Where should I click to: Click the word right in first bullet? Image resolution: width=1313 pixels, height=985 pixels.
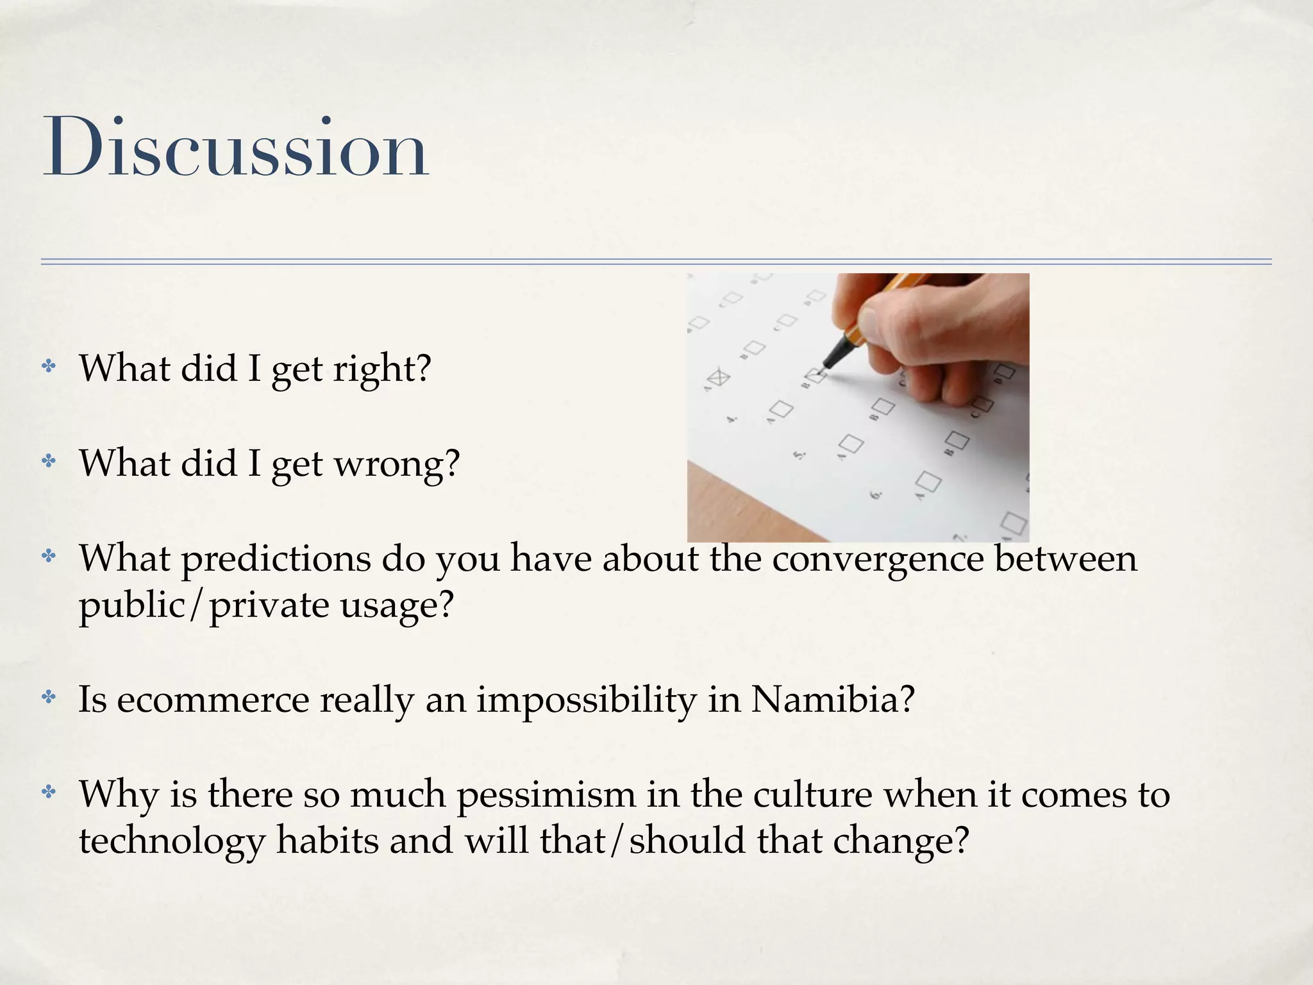[x=382, y=369]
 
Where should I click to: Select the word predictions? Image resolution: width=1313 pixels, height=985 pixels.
[x=276, y=559]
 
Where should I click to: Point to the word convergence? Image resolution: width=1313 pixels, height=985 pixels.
[x=878, y=559]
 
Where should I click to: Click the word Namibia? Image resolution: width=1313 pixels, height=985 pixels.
[x=832, y=699]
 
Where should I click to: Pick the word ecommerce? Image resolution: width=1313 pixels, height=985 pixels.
[x=212, y=699]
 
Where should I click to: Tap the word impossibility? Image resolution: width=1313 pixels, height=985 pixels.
[x=586, y=699]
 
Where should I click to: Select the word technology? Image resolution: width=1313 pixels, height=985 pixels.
[x=172, y=841]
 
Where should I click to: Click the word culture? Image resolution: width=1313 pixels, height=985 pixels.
[x=812, y=794]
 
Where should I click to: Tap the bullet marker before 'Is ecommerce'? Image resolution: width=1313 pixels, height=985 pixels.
[x=49, y=698]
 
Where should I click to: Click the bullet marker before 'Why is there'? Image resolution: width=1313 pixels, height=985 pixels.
[x=49, y=793]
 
